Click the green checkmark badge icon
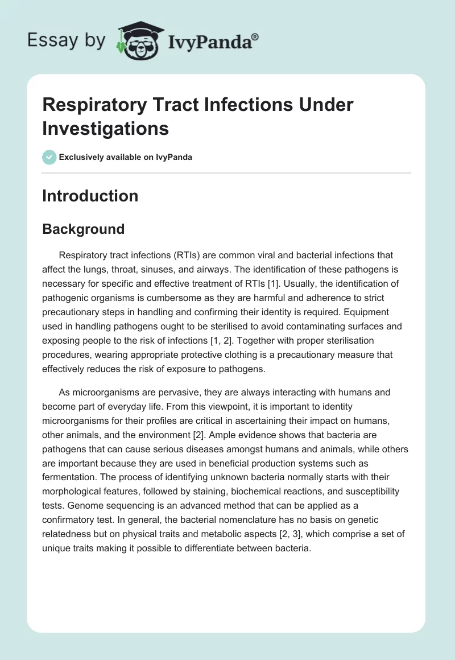tap(49, 157)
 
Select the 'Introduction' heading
tap(90, 196)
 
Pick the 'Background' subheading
tap(83, 229)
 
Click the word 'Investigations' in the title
tap(105, 128)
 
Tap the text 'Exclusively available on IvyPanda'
tap(126, 157)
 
